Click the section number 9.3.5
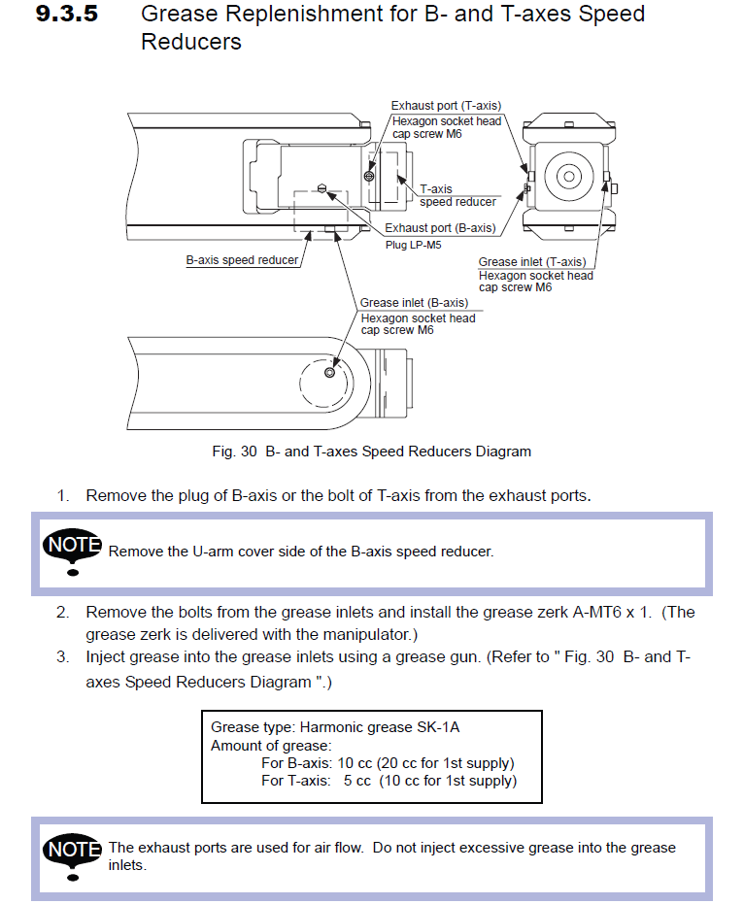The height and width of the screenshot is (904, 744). pos(67,14)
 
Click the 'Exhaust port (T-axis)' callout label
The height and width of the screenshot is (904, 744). pos(447,106)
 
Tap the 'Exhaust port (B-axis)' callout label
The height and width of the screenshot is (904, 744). pos(440,228)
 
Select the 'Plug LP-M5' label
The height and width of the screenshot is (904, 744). pos(414,245)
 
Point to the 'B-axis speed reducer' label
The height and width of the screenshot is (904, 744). pos(242,260)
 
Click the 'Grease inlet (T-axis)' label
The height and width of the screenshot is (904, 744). pos(532,262)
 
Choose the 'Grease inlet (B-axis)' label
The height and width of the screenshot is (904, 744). pos(414,303)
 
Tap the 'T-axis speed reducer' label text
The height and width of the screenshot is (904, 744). pos(457,195)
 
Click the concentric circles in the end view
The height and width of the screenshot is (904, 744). pos(568,177)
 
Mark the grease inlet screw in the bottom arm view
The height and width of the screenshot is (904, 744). pos(330,373)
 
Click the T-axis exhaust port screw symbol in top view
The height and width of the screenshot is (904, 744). pos(369,177)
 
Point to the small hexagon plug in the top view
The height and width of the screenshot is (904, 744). pos(322,188)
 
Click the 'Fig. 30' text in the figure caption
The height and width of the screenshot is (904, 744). pos(234,452)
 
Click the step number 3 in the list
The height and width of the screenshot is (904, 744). pos(62,657)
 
